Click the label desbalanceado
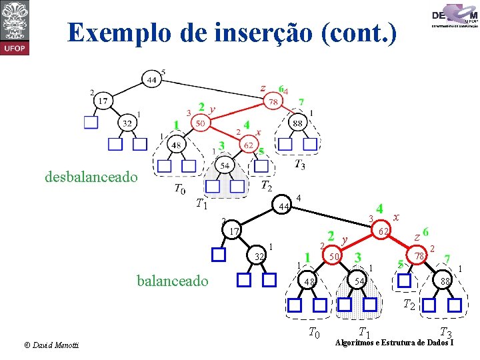coord(92,177)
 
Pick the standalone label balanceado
coord(172,281)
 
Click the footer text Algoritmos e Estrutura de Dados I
coord(395,343)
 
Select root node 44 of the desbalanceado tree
coord(152,80)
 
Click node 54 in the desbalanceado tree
coord(224,165)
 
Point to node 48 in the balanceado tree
coord(309,282)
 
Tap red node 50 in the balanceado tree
coord(335,256)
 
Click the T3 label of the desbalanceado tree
coord(300,163)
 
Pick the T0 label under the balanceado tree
coord(314,333)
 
